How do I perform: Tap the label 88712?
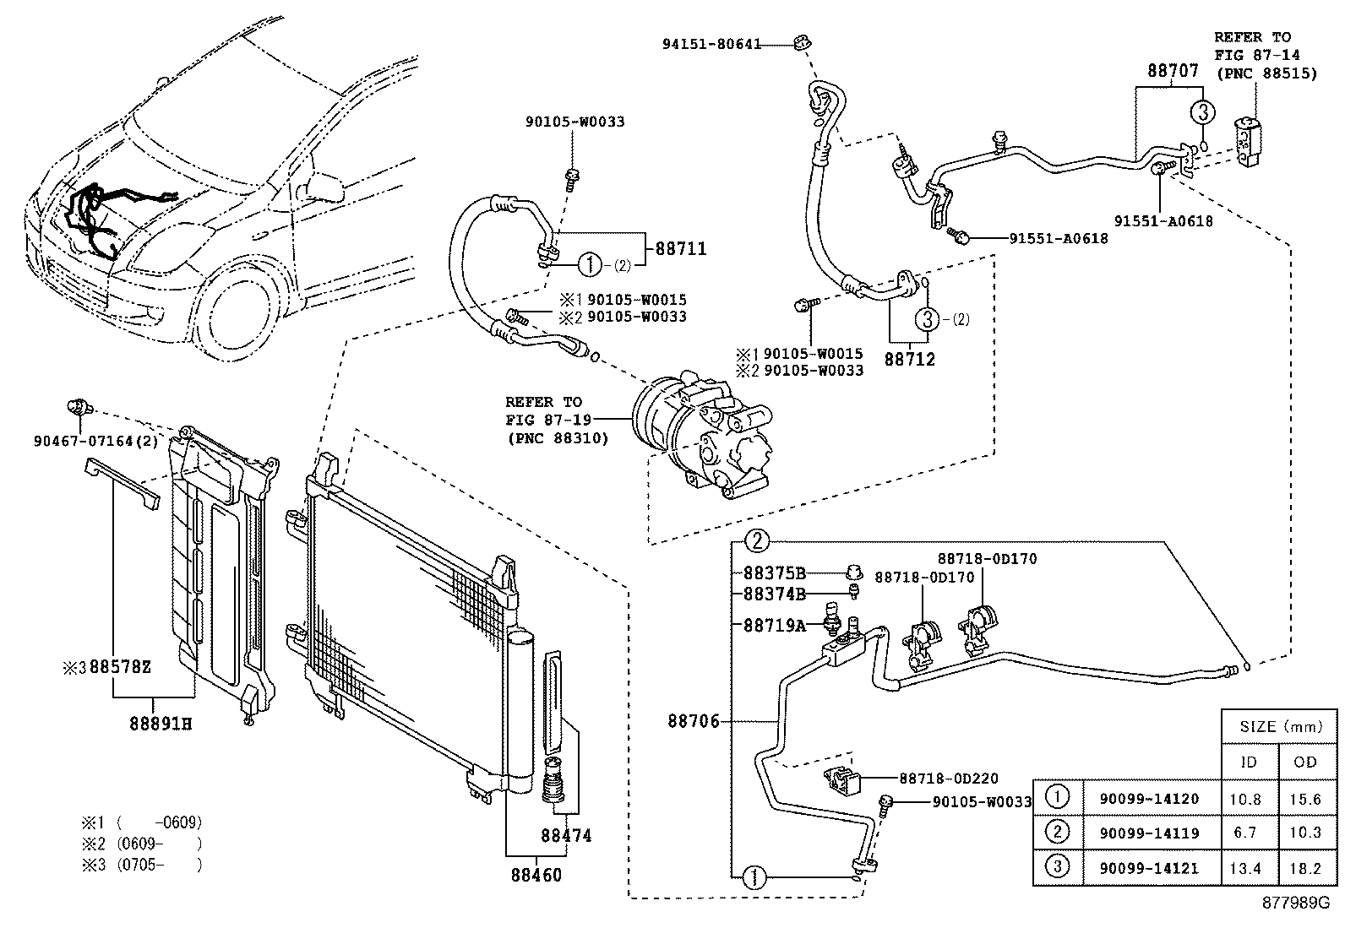tap(910, 359)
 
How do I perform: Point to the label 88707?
tap(1173, 71)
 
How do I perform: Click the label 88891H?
tap(161, 724)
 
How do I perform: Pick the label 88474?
tap(565, 836)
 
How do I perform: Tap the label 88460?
tap(536, 875)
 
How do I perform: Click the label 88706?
tap(693, 721)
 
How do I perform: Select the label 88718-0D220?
tap(948, 779)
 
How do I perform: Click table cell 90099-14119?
tap(1148, 833)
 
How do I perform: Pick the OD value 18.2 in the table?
tap(1306, 867)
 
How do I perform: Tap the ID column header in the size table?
tap(1248, 762)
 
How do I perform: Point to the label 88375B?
tap(775, 572)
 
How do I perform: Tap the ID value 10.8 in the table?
tap(1248, 797)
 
